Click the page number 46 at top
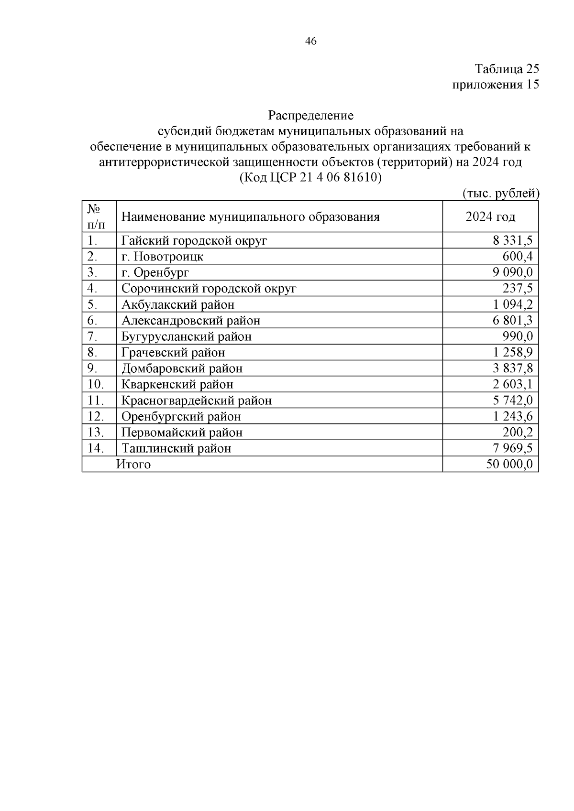pos(310,42)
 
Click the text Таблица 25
pos(507,69)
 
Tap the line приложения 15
pos(496,85)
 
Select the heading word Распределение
pos(310,116)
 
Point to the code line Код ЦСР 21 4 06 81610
pos(310,178)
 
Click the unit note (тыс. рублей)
pos(500,194)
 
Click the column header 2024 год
pos(490,217)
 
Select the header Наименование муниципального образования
pos(250,217)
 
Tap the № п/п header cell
pos(96,216)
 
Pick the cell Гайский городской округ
pos(194,240)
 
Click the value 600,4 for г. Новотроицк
pos(517,257)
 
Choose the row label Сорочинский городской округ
pos(209,289)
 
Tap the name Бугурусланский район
pos(186,336)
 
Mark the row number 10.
pos(95,384)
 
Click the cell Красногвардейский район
pos(196,400)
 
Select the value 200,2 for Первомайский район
pos(517,433)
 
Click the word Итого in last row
pos(133,465)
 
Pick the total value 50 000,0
pos(509,465)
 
